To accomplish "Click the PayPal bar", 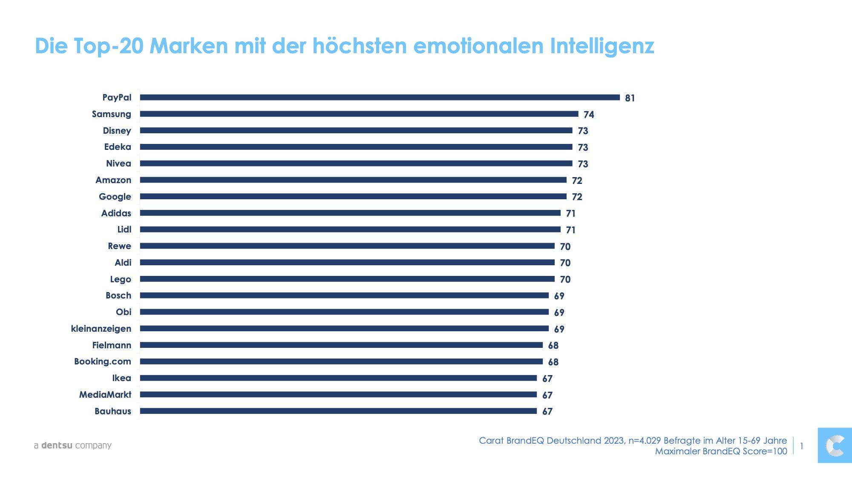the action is [x=380, y=98].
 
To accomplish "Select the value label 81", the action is [x=630, y=98].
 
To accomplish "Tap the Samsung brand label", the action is [x=112, y=115].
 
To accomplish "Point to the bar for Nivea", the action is [x=356, y=163].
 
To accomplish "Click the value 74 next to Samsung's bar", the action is [x=589, y=115].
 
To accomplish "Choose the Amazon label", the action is [x=113, y=180].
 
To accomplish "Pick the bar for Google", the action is [x=353, y=196].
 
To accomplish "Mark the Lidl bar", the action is [x=350, y=229].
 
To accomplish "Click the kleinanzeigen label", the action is [x=101, y=329].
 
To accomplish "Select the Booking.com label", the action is [x=103, y=361].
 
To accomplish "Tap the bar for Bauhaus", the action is [x=338, y=411].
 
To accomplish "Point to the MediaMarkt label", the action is [x=105, y=395].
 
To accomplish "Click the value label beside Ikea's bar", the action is [x=547, y=379].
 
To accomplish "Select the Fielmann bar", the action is [x=341, y=345].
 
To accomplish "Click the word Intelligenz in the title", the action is [x=602, y=46].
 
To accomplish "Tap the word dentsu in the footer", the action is [x=57, y=445].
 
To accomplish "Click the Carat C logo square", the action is [x=835, y=446].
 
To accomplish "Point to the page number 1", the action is [x=802, y=446].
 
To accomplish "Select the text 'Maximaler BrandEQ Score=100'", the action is [x=721, y=451].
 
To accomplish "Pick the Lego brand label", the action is [x=121, y=280].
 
